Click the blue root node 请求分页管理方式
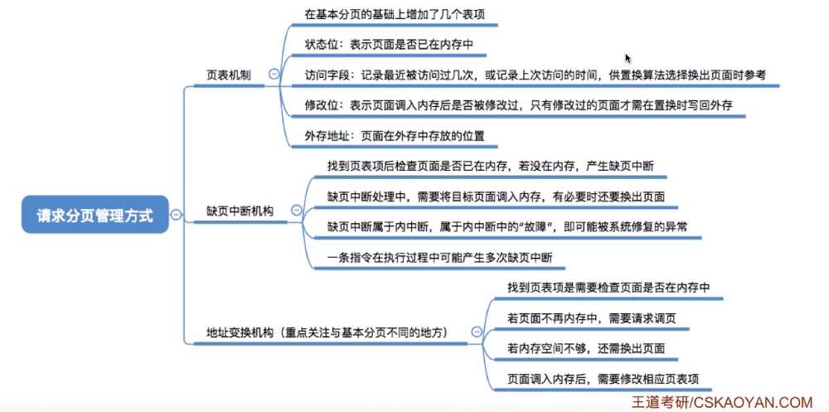click(95, 215)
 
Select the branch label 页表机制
click(229, 75)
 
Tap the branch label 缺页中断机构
click(240, 211)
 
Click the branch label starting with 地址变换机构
click(327, 332)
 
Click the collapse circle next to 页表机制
click(274, 74)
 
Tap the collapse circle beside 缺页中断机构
click(296, 211)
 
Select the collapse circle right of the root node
click(176, 215)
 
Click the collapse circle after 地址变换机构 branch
click(477, 332)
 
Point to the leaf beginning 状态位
click(389, 45)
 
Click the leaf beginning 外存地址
click(395, 135)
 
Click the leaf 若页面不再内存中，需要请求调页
click(597, 317)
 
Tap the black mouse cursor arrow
click(628, 59)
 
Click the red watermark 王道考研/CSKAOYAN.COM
click(722, 402)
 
